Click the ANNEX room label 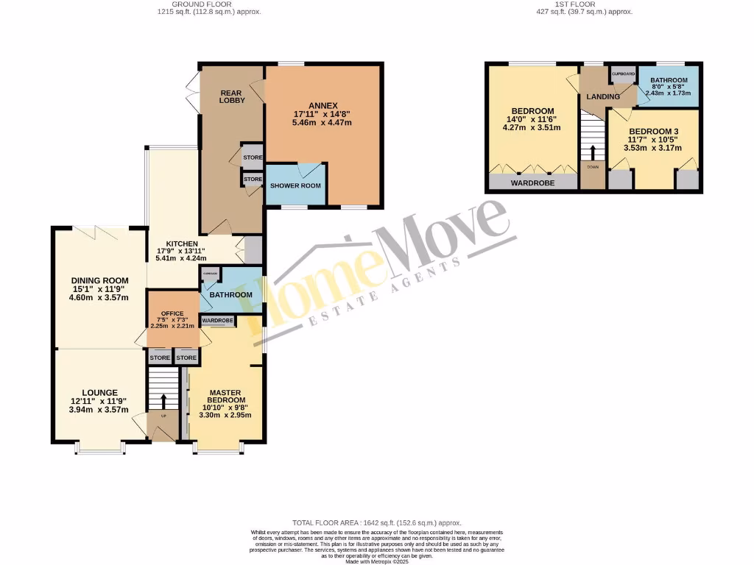coord(323,104)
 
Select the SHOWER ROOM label coord(295,185)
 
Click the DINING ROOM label coord(99,280)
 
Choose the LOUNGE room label coord(99,392)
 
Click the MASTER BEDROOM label coord(225,397)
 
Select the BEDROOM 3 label coord(653,132)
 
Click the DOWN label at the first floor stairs coord(593,167)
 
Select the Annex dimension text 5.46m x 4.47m coord(323,123)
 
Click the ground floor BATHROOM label coord(230,295)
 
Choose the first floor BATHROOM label coord(669,80)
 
